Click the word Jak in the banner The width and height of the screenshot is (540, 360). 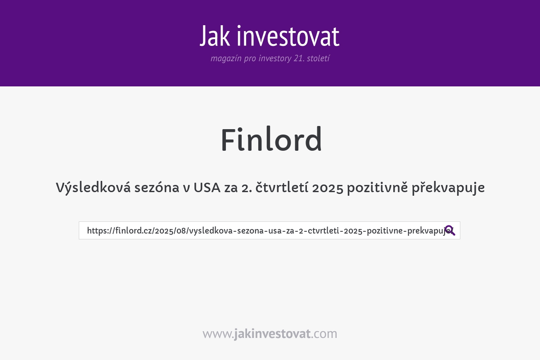(216, 36)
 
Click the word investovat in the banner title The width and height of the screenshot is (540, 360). (288, 36)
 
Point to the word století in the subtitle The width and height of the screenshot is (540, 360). (318, 58)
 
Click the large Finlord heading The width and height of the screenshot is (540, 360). (271, 140)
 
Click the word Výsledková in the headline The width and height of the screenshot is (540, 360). (92, 188)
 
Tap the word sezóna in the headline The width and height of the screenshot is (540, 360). (155, 188)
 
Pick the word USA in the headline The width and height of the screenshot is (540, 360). (207, 188)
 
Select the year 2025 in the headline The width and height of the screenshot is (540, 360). (327, 188)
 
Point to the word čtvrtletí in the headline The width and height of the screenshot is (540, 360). (281, 188)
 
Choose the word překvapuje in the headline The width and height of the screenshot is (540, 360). (448, 188)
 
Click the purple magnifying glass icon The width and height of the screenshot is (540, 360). (450, 230)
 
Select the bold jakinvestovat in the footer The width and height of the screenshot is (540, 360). (272, 334)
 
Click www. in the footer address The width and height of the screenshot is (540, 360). (218, 334)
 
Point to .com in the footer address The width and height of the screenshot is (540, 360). (324, 334)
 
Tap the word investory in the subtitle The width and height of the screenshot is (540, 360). (274, 58)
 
